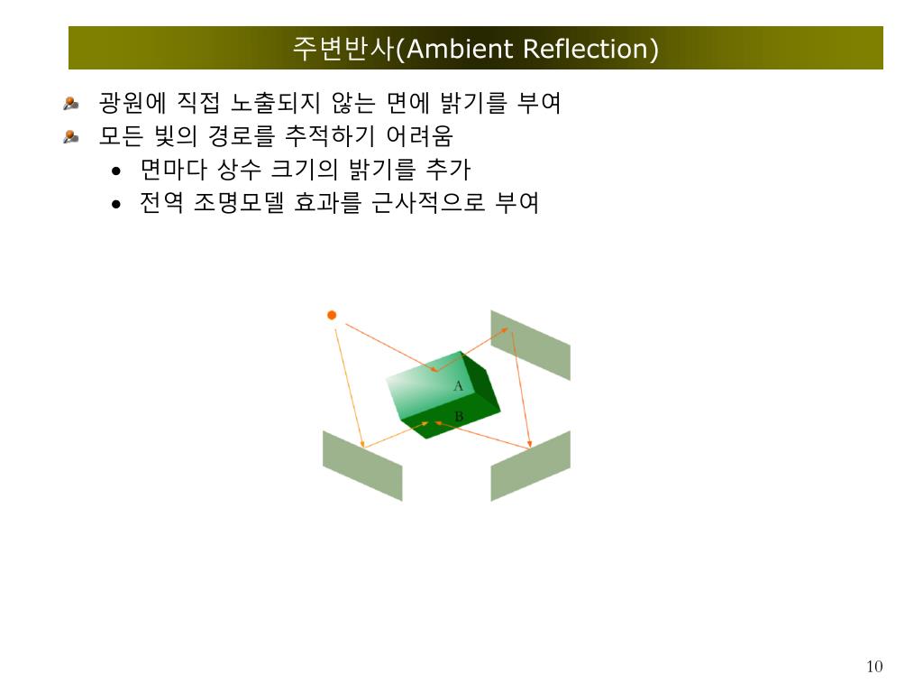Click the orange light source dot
point(332,315)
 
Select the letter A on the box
point(458,386)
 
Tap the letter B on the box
point(458,417)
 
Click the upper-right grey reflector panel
point(530,345)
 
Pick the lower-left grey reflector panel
point(362,466)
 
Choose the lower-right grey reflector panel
point(530,466)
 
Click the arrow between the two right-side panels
point(521,388)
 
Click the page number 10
point(874,667)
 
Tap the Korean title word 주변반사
point(343,49)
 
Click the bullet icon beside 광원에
point(71,105)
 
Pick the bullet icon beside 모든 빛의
point(71,137)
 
